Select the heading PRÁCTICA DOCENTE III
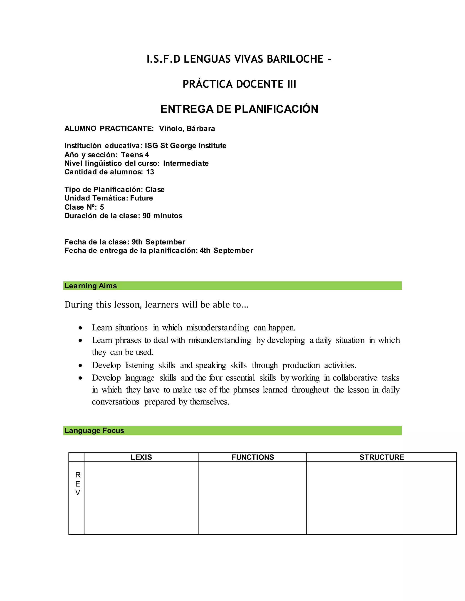tap(239, 84)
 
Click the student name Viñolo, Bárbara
tap(187, 129)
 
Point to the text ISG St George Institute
tap(186, 146)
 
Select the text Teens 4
tap(135, 155)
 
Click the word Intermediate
tap(186, 163)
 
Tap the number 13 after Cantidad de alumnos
tap(150, 172)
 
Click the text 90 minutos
tap(162, 216)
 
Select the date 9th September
tap(158, 242)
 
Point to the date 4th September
tap(226, 251)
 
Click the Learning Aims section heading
tap(91, 286)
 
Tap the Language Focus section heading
tap(94, 431)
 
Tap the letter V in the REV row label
tap(78, 493)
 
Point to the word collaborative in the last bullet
tap(355, 378)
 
